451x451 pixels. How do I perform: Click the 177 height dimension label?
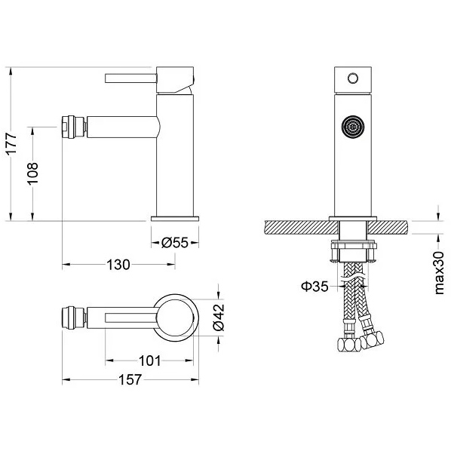point(12,144)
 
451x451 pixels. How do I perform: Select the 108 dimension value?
point(32,173)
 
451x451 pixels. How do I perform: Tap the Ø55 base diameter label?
point(174,243)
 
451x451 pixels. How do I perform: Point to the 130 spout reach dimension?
point(118,265)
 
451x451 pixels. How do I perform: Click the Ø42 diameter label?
point(218,318)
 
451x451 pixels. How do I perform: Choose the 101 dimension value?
point(150,360)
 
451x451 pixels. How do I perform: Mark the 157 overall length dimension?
point(130,379)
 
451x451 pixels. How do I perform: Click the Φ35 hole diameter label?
point(314,286)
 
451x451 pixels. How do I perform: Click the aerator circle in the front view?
point(353,126)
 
